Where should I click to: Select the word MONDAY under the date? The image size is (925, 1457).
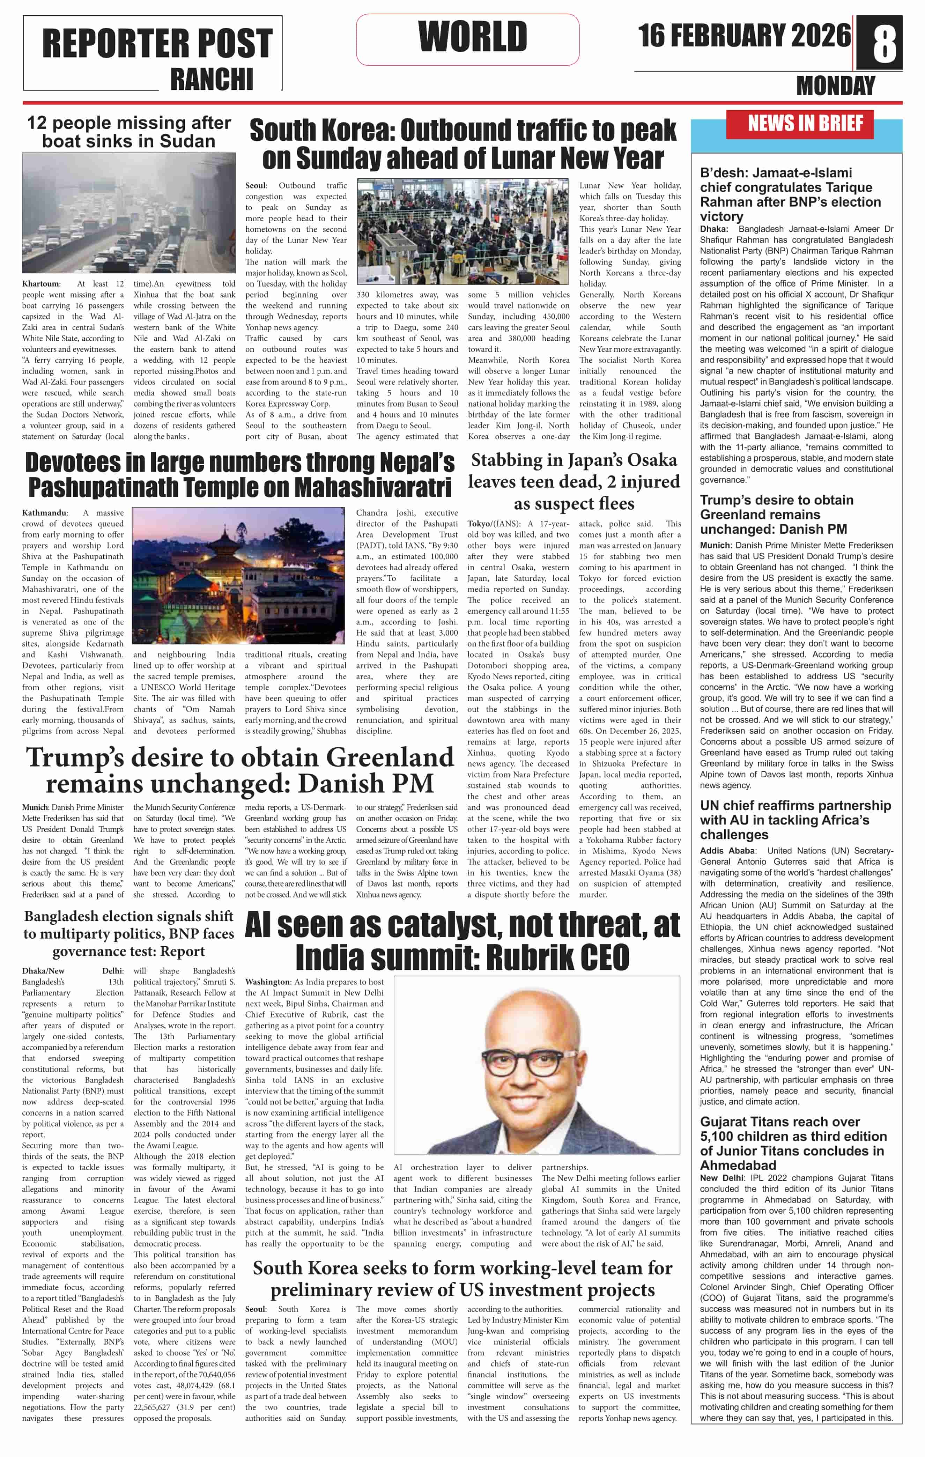[835, 86]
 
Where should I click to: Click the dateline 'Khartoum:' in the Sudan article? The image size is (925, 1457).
[41, 284]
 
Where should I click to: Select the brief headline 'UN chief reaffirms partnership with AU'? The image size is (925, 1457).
[795, 820]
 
